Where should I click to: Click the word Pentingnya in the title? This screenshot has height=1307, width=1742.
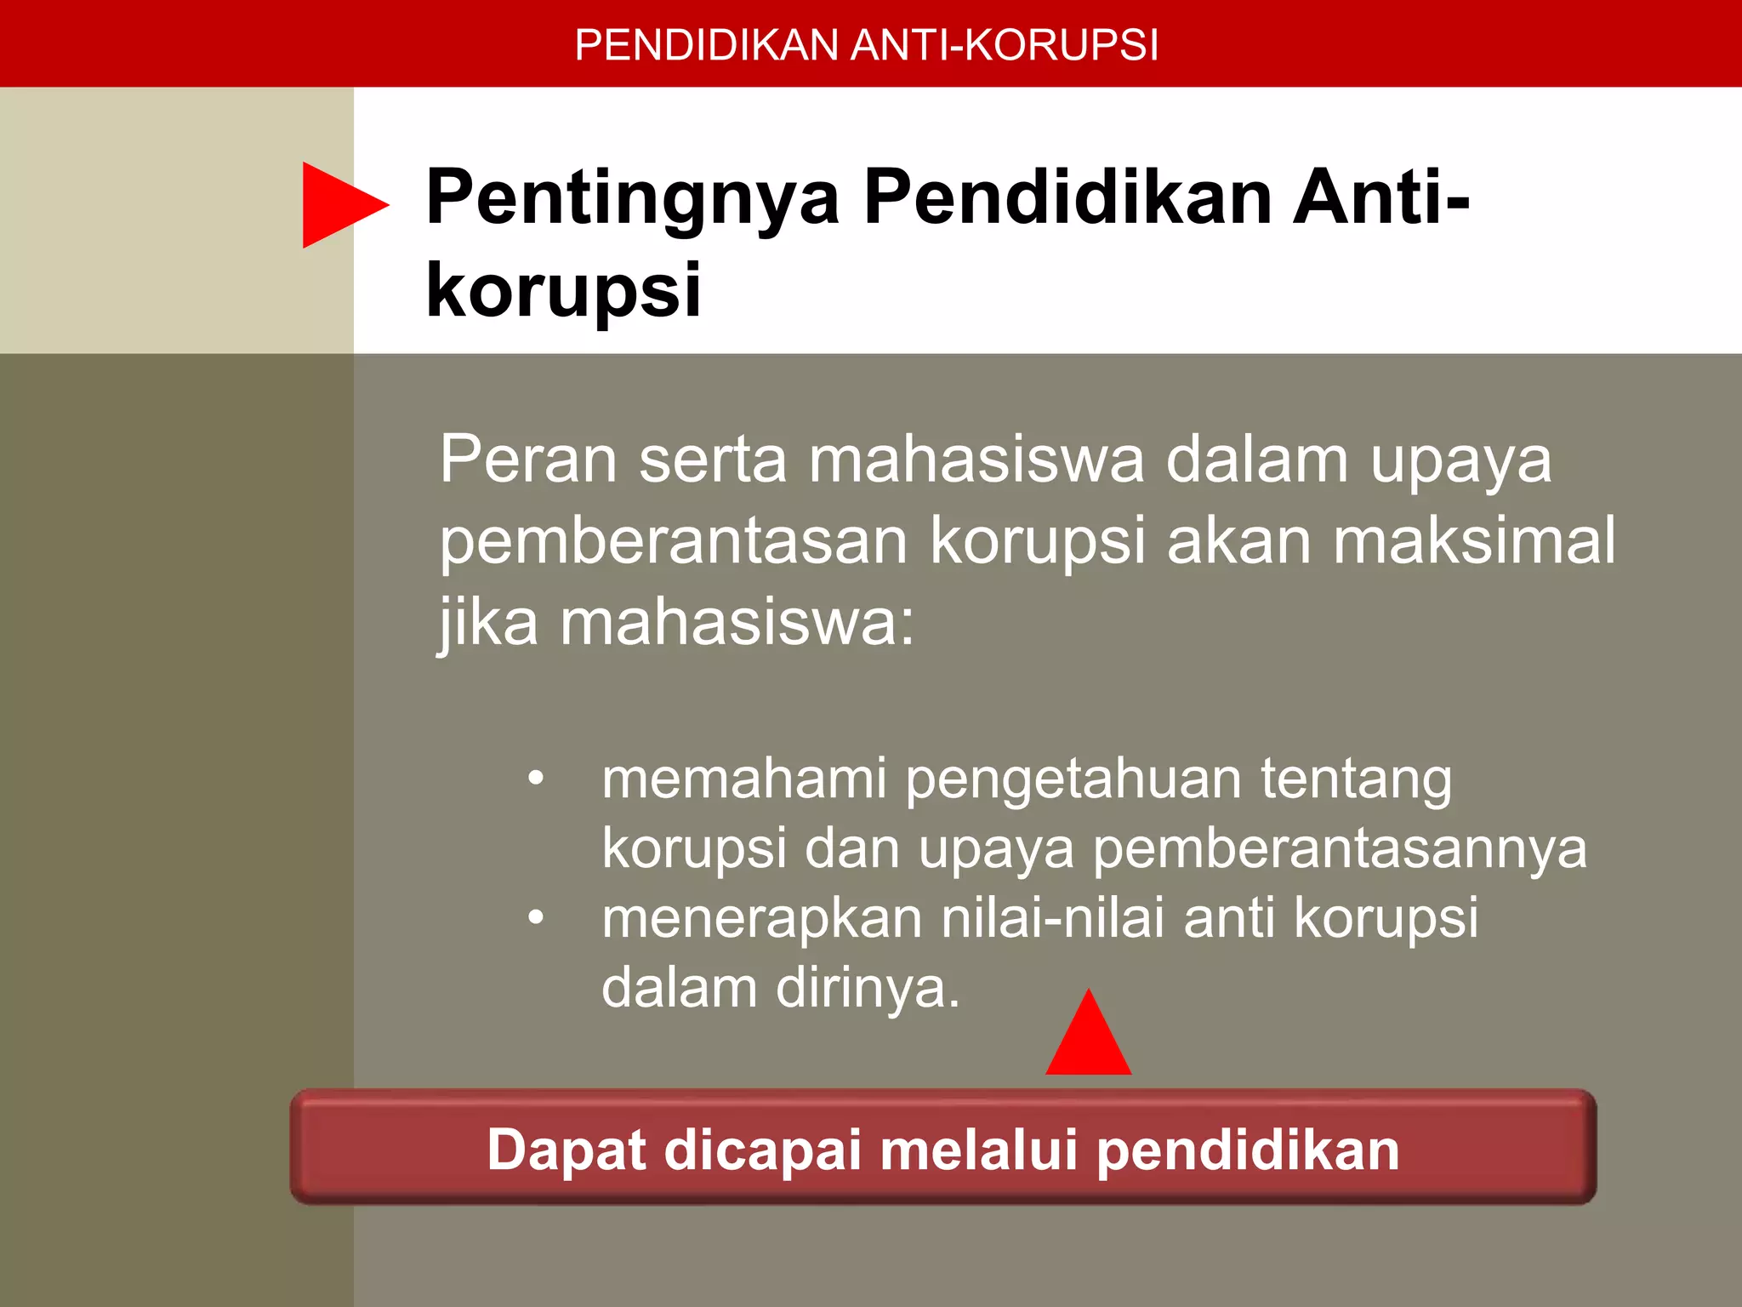point(633,199)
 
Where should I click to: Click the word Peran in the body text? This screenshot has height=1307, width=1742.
point(527,459)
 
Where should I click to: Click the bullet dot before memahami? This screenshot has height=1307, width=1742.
point(535,778)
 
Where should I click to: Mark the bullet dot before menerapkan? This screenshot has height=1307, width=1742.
point(535,917)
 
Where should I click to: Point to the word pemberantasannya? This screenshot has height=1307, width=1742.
point(1340,849)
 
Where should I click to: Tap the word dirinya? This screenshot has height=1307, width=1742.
point(867,988)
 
